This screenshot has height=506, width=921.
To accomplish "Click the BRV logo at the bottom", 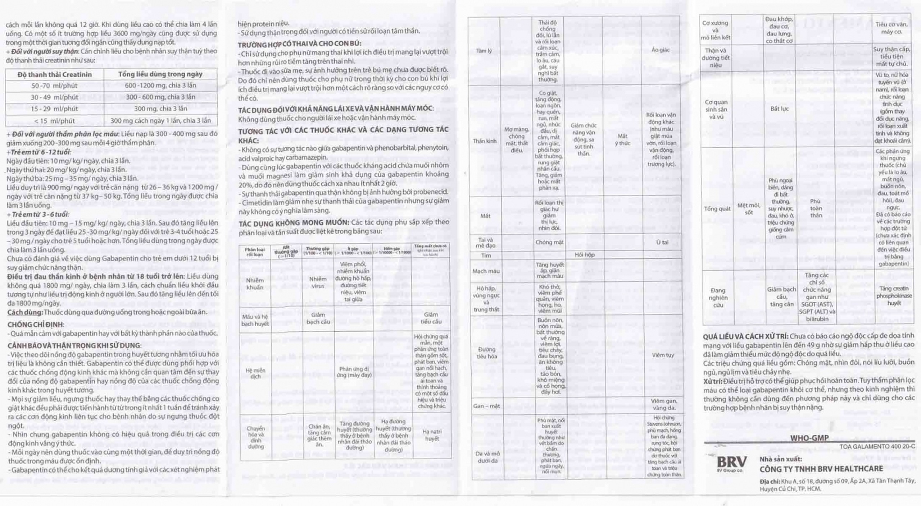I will pyautogui.click(x=731, y=462).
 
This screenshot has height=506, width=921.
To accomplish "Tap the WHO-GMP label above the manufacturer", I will pyautogui.click(x=809, y=438).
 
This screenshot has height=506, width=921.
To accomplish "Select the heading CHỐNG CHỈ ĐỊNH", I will pyautogui.click(x=35, y=325).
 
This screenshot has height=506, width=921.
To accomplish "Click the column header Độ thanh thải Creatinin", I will pyautogui.click(x=55, y=74).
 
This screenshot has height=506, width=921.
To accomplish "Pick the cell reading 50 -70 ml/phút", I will pyautogui.click(x=55, y=86).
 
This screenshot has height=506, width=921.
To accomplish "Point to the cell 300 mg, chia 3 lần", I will pyautogui.click(x=160, y=109).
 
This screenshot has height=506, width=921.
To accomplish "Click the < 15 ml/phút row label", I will pyautogui.click(x=55, y=121).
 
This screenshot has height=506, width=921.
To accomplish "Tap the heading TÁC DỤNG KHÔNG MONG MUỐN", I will pyautogui.click(x=294, y=222).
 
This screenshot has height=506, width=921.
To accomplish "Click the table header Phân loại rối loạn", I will pyautogui.click(x=255, y=252).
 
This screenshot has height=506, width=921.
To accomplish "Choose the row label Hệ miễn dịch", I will pyautogui.click(x=255, y=373).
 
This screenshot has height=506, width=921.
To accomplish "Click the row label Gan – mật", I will pyautogui.click(x=486, y=406).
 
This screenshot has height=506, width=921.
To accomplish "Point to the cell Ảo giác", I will pyautogui.click(x=660, y=50).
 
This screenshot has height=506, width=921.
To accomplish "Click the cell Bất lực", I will pyautogui.click(x=780, y=109).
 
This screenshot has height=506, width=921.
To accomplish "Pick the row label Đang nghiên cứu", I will pyautogui.click(x=718, y=298).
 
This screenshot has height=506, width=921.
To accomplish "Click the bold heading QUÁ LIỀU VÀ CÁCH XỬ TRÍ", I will pyautogui.click(x=746, y=336).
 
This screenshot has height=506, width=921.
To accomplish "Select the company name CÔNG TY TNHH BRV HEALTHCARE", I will pyautogui.click(x=821, y=469).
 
